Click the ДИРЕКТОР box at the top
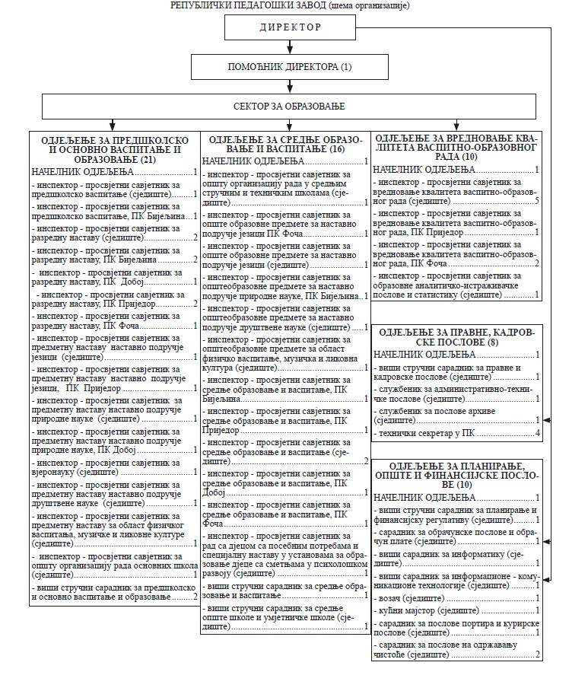pos(291,27)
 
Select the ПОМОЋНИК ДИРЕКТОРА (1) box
pos(291,67)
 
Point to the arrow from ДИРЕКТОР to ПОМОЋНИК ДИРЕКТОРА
pos(291,48)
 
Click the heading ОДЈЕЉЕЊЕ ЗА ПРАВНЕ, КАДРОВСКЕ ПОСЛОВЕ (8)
pos(457,336)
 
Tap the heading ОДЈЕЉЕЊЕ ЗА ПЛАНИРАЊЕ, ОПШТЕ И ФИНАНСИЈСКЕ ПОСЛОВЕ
pos(457,474)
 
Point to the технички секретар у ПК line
pos(427,434)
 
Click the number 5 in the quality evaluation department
pos(536,202)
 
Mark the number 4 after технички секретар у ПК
pos(537,434)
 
